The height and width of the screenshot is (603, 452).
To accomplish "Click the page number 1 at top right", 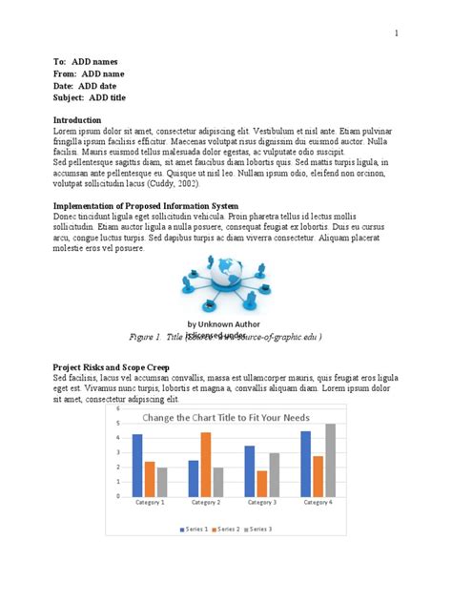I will [x=395, y=33].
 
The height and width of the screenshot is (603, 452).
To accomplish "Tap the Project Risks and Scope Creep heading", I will [x=111, y=367].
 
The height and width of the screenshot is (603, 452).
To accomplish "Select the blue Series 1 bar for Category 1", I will [x=137, y=465].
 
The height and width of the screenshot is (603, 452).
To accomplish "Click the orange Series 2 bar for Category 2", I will [x=206, y=464].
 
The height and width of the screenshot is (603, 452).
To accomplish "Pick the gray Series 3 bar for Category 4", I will [x=331, y=460].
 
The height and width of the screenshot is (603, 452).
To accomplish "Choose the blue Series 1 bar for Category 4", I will [x=306, y=464].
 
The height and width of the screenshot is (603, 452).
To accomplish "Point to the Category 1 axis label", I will [x=150, y=502].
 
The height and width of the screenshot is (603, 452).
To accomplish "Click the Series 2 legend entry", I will [x=226, y=529].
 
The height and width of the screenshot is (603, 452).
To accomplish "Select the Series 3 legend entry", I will [x=260, y=529].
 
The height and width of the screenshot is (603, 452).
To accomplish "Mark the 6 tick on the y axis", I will [x=118, y=408].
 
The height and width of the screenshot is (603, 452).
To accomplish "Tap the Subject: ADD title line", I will [x=91, y=98].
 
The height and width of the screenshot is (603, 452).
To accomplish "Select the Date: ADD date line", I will [x=86, y=86].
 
